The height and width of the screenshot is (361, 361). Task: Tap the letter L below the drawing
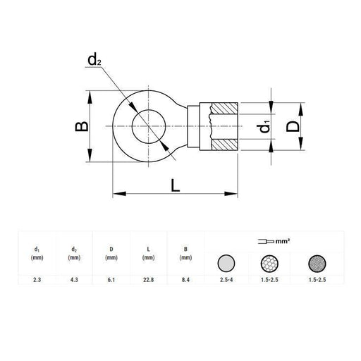175,186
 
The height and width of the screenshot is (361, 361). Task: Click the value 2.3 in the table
36,280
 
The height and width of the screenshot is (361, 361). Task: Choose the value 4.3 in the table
73,280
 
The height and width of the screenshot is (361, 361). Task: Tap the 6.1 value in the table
111,280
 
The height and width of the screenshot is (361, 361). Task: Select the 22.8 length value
148,280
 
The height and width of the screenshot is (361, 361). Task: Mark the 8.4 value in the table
185,280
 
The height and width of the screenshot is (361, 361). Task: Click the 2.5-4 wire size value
225,280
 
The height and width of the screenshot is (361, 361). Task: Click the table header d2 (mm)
73,252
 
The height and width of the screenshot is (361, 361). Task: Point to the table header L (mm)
148,252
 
